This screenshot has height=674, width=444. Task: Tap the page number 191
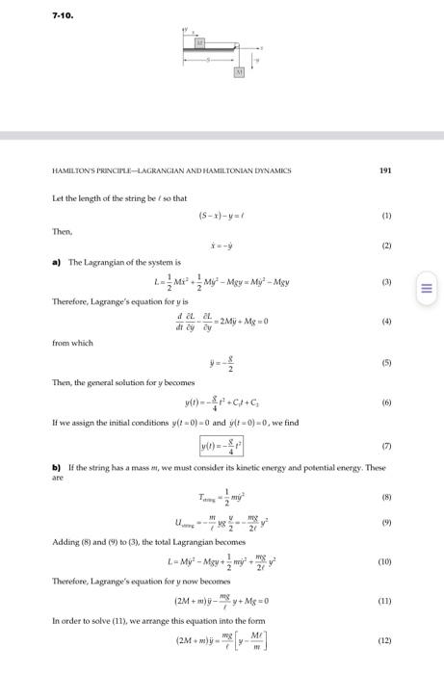(x=385, y=169)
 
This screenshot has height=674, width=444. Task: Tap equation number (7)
(x=387, y=445)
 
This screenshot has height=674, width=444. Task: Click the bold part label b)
(x=57, y=466)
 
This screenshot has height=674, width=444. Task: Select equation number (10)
(x=385, y=558)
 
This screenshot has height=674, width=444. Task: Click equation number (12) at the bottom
(x=385, y=640)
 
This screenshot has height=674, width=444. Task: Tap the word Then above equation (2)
(x=60, y=230)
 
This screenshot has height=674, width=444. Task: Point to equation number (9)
(x=387, y=523)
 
